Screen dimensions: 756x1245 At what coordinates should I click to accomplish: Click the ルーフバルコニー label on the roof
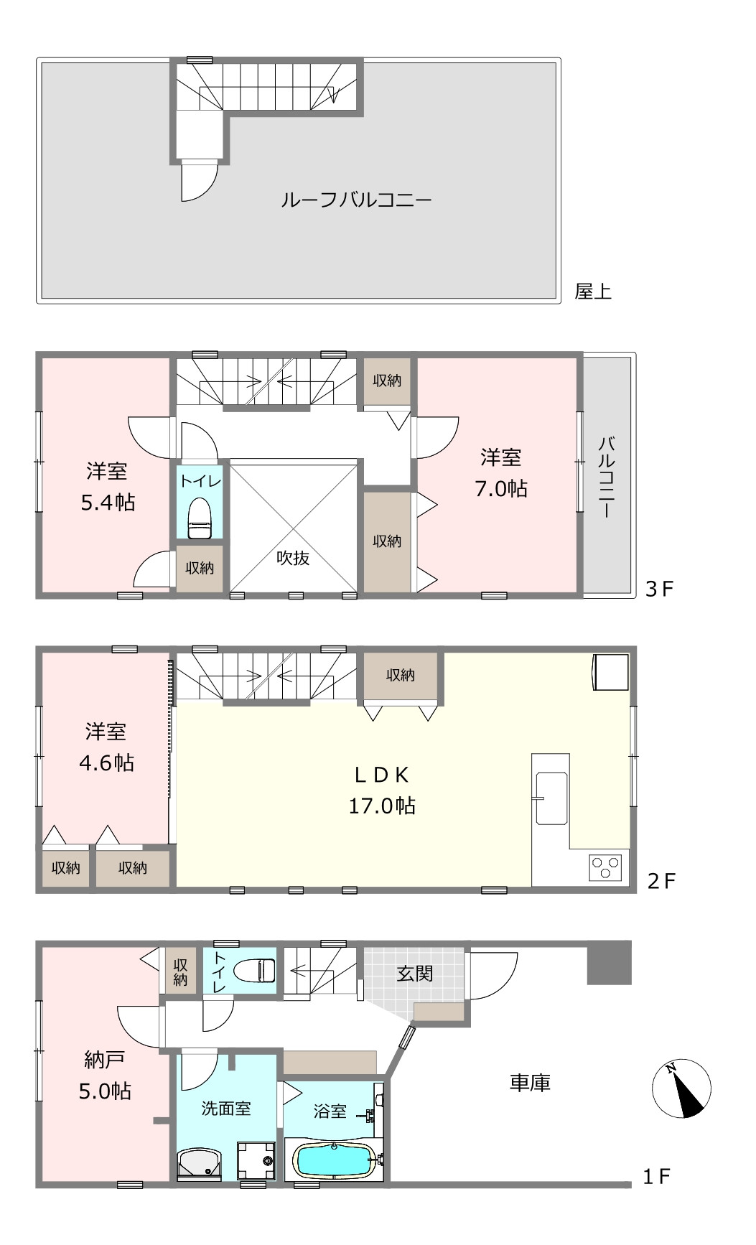click(x=356, y=199)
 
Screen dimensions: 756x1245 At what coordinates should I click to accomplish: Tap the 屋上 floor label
click(x=593, y=292)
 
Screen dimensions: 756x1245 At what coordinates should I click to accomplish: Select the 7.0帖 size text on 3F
click(x=500, y=489)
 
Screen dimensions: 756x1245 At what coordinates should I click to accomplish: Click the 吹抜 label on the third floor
click(x=293, y=558)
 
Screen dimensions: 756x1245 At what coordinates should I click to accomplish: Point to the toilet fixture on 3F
click(x=200, y=518)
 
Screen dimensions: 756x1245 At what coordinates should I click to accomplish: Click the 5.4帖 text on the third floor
click(x=108, y=503)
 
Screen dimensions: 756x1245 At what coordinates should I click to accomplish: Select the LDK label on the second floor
click(x=382, y=775)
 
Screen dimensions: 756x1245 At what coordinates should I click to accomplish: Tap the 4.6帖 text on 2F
click(x=106, y=763)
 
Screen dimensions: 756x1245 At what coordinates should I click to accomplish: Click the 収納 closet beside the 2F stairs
click(x=400, y=676)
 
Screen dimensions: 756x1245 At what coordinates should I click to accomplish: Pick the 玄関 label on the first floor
click(x=415, y=974)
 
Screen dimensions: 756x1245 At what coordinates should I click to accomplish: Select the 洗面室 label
click(x=225, y=1108)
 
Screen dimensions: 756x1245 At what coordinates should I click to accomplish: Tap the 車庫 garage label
click(x=530, y=1083)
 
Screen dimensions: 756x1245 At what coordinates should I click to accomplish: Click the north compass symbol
click(x=682, y=1088)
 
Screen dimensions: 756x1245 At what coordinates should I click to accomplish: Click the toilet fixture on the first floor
click(x=255, y=970)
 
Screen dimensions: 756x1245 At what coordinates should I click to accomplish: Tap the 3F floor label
click(x=659, y=589)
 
